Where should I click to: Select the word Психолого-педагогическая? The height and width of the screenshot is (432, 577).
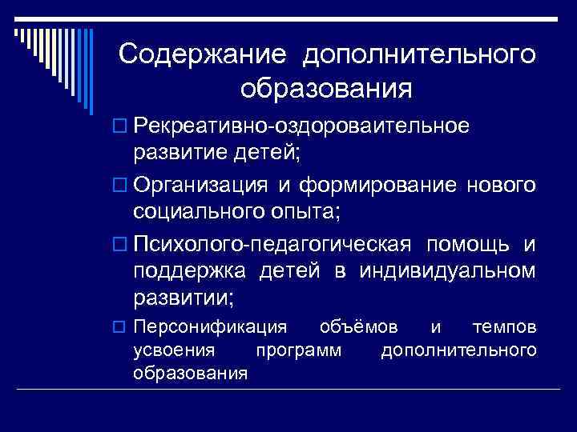pyautogui.click(x=272, y=243)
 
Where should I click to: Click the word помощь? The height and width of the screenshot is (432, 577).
pyautogui.click(x=466, y=243)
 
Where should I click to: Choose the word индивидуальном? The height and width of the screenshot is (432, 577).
pyautogui.click(x=446, y=271)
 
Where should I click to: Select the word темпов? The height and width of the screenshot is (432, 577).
pyautogui.click(x=505, y=328)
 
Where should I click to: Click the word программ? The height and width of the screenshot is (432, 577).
pyautogui.click(x=297, y=351)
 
